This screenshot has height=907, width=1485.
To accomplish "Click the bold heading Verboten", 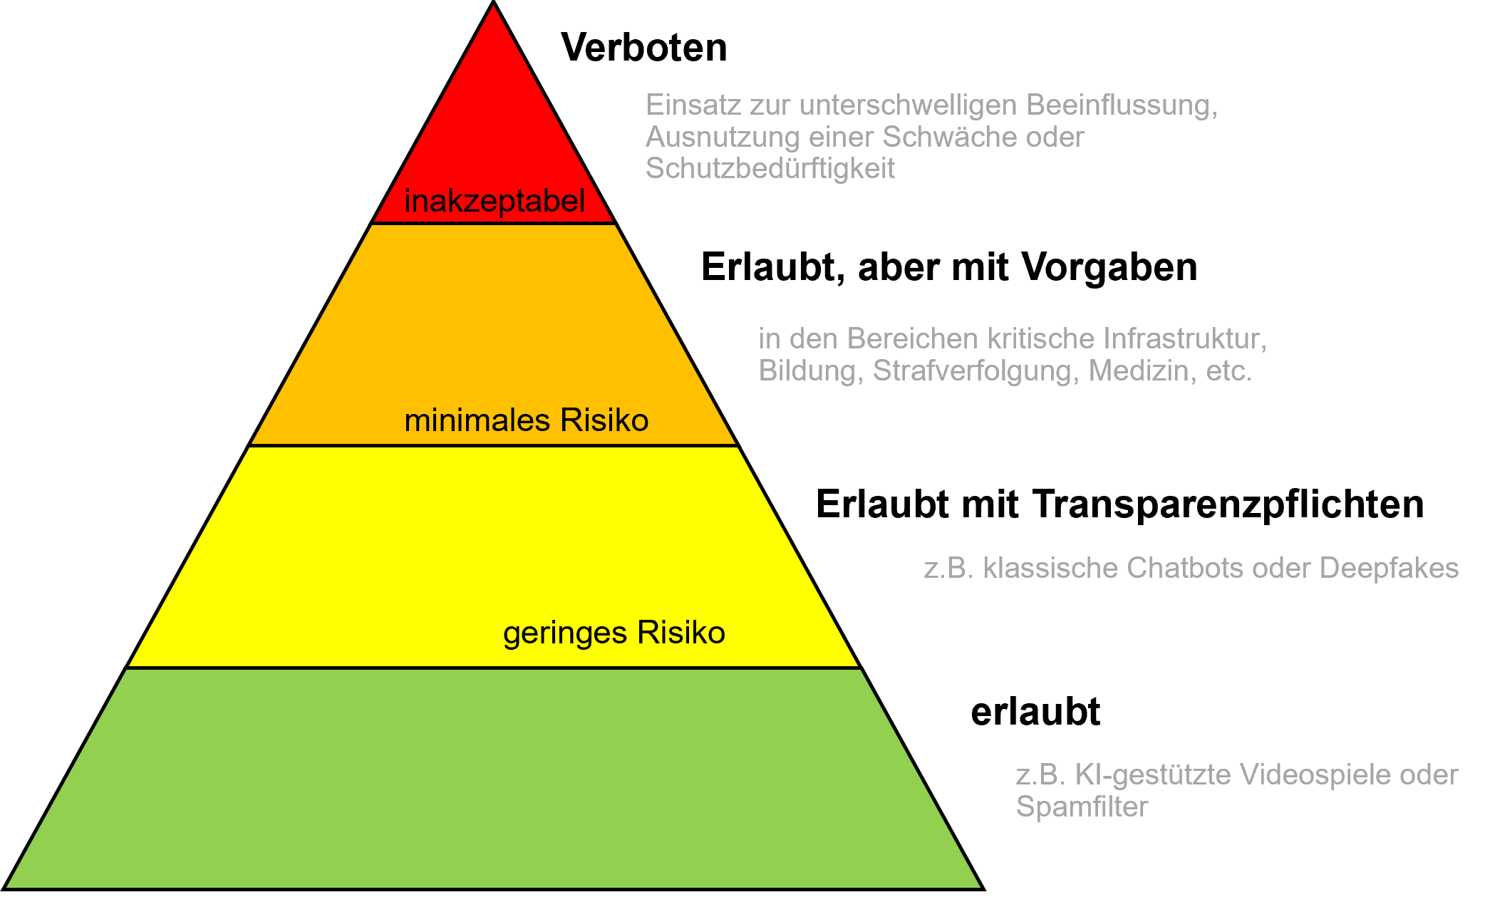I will (643, 48).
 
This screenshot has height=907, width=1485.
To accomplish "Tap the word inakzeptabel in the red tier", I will (495, 201).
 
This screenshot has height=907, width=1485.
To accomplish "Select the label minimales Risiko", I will (526, 420).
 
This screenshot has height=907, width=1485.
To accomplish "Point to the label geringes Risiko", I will (614, 633).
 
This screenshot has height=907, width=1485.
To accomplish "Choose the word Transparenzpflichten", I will (1228, 504).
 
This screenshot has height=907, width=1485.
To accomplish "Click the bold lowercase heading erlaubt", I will (1035, 712).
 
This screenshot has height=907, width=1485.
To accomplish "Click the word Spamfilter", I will (1081, 807).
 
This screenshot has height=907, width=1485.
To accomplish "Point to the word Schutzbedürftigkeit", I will (770, 168).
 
